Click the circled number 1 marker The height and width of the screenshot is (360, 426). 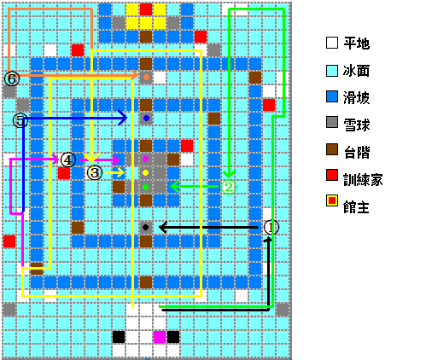[271, 227]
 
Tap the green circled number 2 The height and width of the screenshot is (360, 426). [229, 187]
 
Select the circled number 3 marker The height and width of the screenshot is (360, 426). [95, 172]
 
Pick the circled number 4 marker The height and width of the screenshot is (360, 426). [68, 160]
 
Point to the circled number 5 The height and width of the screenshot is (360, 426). [20, 120]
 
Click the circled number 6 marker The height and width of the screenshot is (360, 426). [12, 78]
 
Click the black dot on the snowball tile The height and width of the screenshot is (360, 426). [145, 227]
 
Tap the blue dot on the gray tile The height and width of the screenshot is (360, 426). [146, 118]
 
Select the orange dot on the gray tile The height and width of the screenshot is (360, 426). [146, 77]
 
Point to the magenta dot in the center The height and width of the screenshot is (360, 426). [145, 159]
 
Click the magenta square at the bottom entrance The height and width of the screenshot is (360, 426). [160, 337]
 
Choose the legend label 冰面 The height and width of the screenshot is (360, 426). [356, 71]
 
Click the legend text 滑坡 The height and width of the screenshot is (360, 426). [356, 98]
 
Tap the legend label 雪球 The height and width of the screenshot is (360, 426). [356, 125]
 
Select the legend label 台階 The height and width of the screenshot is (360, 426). [356, 152]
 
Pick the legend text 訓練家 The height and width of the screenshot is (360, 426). [363, 179]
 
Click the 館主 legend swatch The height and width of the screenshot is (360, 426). [332, 200]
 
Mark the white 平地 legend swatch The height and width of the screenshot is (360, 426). [332, 43]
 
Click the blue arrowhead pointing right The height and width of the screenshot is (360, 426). [123, 118]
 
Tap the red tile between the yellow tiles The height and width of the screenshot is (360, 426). [146, 9]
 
